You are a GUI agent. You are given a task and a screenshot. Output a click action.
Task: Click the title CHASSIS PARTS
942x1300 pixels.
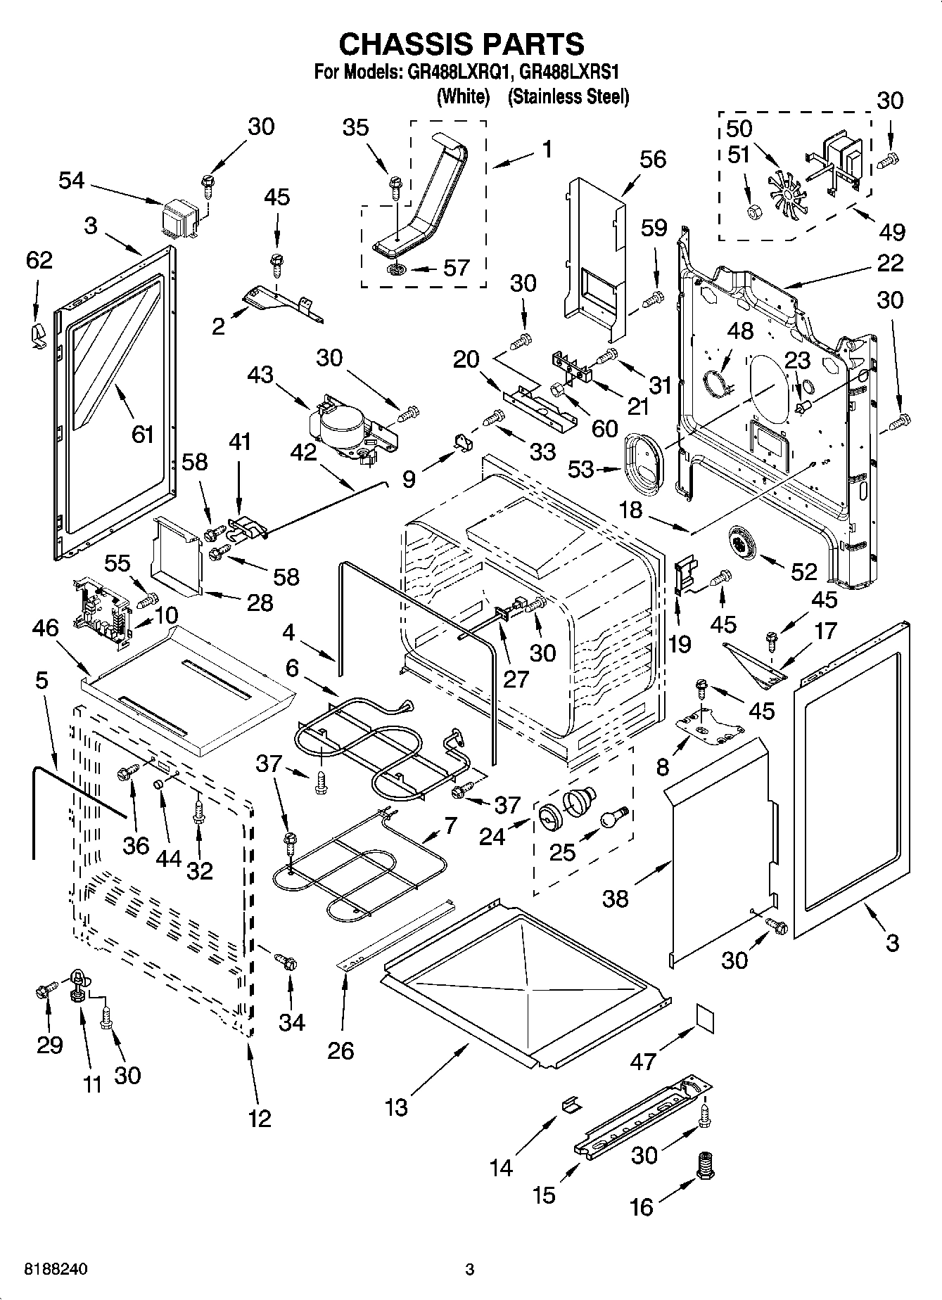coord(462,44)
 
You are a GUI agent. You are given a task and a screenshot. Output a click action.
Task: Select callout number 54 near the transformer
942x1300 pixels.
coord(71,181)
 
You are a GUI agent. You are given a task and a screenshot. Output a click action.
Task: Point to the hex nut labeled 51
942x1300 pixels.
coord(753,210)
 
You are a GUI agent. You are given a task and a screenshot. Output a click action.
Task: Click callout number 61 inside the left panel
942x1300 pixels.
coord(143,435)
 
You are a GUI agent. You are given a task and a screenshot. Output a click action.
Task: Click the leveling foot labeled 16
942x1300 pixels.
coord(705,1166)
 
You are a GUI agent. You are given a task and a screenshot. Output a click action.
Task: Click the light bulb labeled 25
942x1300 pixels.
coord(611,818)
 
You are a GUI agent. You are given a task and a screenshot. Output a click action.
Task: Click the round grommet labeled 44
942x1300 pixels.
coord(160,784)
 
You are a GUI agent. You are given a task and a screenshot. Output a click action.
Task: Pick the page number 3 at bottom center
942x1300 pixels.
coord(470,1270)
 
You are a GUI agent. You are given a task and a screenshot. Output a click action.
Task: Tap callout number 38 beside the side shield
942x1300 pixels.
coord(616,898)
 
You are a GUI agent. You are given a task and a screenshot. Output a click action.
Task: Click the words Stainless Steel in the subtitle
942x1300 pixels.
coord(568,96)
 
